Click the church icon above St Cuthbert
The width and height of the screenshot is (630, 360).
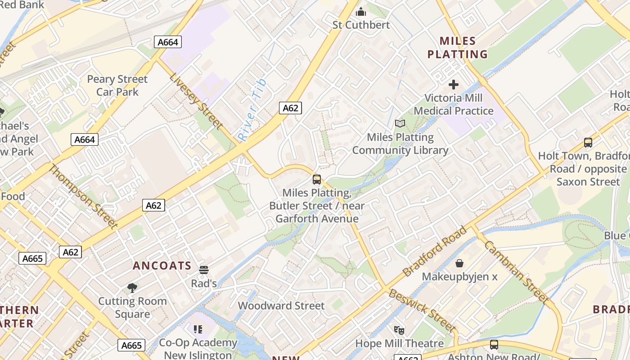coord(361,12)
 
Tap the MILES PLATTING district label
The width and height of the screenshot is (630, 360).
coord(457,48)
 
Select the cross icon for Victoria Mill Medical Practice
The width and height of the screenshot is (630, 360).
coord(454,84)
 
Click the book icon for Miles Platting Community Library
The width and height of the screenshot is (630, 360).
coord(400,123)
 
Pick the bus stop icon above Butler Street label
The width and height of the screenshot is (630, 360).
coord(317,180)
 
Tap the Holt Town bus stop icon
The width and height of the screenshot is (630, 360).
coord(588,143)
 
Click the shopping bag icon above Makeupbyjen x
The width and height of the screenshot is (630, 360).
coord(459,263)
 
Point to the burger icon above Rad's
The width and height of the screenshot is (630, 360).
coord(204,270)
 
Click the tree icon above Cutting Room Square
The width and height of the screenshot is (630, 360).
coord(132,288)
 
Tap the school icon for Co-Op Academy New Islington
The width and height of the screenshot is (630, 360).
coord(198,329)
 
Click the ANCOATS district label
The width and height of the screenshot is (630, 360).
coord(162,265)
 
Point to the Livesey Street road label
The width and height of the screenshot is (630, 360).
coord(196,100)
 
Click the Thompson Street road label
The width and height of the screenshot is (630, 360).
coord(83,197)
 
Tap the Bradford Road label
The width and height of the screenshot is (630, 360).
coord(435,252)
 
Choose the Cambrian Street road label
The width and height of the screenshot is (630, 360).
coord(517,272)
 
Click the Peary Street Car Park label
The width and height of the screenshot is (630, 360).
coord(117,85)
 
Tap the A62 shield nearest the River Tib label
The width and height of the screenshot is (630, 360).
coord(290,108)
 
